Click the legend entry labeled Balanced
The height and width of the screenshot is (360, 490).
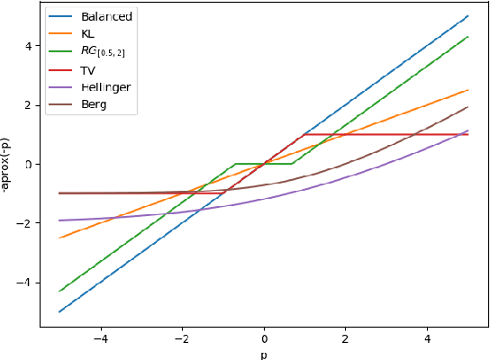[x=105, y=16]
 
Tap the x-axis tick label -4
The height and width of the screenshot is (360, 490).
[x=100, y=338]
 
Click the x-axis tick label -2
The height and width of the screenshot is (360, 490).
[x=181, y=338]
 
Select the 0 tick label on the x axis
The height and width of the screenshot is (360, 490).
[x=264, y=338]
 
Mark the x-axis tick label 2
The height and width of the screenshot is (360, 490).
[x=345, y=338]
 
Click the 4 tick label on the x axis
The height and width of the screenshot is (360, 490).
[x=427, y=338]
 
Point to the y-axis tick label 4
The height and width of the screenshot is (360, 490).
[x=28, y=46]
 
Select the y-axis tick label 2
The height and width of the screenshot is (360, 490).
[x=28, y=105]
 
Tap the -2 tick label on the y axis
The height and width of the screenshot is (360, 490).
[x=25, y=223]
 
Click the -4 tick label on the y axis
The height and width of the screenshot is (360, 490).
[x=25, y=283]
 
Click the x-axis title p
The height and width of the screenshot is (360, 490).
[x=263, y=353]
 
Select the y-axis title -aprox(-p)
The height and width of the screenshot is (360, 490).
[x=7, y=165]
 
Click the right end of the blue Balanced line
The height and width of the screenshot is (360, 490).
[x=468, y=16]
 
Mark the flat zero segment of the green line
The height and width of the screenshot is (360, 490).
[x=263, y=164]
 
